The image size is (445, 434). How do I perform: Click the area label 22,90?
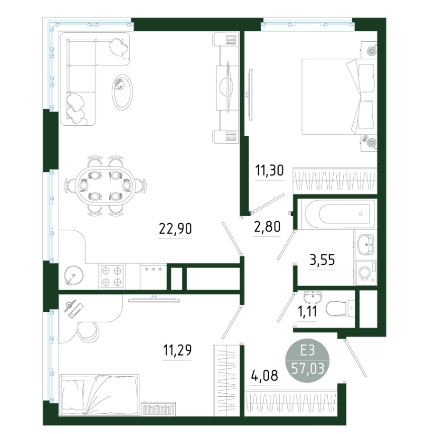pyautogui.click(x=175, y=228)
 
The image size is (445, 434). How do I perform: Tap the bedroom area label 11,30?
pyautogui.click(x=269, y=170)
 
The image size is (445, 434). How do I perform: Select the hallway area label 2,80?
pyautogui.click(x=267, y=227)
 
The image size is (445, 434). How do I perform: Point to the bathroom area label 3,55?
pyautogui.click(x=322, y=259)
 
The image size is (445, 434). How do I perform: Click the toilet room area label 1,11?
pyautogui.click(x=307, y=312)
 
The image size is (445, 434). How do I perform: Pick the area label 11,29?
pyautogui.click(x=177, y=350)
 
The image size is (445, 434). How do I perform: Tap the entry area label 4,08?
pyautogui.click(x=264, y=376)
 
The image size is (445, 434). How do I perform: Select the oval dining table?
pyautogui.click(x=106, y=186)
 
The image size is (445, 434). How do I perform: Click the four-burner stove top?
pyautogui.click(x=112, y=277)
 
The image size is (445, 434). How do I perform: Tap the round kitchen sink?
pyautogui.click(x=74, y=275)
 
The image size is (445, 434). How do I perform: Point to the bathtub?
pyautogui.click(x=337, y=214)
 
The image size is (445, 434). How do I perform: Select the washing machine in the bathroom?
pyautogui.click(x=366, y=273)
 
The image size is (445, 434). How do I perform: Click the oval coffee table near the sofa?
pyautogui.click(x=122, y=92)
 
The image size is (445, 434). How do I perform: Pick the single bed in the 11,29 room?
pyautogui.click(x=100, y=395)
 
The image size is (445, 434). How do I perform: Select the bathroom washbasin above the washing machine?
pyautogui.click(x=366, y=245)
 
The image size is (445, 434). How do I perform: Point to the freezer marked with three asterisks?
pyautogui.click(x=154, y=277)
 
